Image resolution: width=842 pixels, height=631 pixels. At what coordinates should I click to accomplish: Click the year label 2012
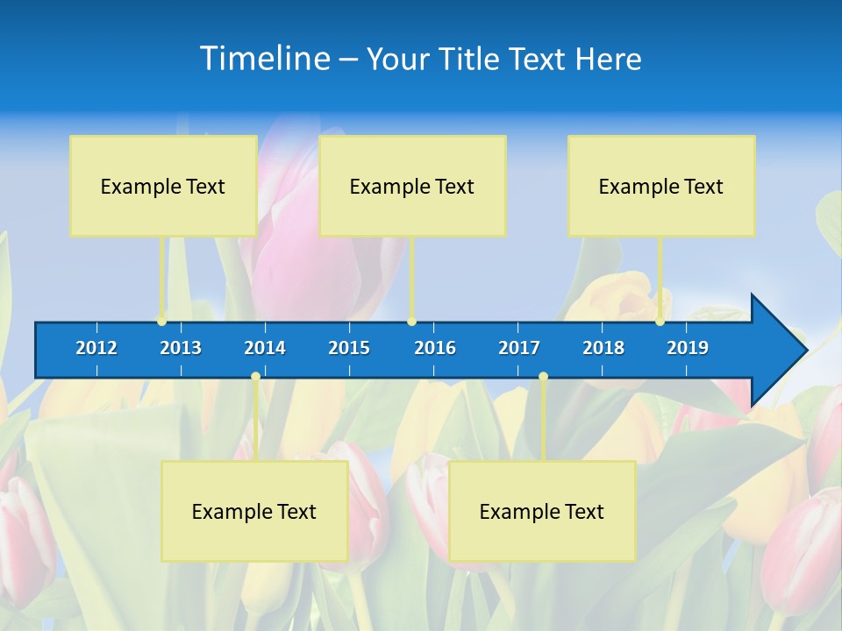click(96, 348)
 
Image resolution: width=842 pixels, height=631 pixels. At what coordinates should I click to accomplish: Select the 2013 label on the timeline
click(181, 348)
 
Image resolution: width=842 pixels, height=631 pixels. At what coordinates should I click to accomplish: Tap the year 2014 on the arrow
click(265, 348)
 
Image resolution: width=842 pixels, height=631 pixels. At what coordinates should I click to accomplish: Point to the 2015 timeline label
click(349, 348)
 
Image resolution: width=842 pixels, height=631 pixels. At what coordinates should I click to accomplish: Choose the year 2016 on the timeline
click(435, 348)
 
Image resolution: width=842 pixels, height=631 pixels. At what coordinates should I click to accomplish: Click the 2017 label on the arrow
click(519, 348)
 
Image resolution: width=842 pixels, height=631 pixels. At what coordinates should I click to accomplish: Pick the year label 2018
click(603, 348)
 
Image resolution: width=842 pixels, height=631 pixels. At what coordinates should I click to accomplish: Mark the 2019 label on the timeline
click(688, 348)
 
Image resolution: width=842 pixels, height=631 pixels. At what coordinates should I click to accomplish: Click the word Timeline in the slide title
click(264, 59)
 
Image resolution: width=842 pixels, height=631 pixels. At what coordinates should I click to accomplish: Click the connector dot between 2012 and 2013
click(162, 321)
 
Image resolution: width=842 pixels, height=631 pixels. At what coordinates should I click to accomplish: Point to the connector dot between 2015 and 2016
click(412, 321)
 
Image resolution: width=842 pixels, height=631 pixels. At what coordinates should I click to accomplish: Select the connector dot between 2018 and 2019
click(660, 321)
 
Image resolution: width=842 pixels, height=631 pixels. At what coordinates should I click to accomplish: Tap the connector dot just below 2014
click(255, 377)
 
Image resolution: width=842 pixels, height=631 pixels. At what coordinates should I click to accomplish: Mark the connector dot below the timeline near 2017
click(543, 377)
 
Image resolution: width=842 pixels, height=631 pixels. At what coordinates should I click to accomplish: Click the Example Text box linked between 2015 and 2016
click(412, 186)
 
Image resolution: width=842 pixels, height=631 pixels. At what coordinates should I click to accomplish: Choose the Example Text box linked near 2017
click(542, 511)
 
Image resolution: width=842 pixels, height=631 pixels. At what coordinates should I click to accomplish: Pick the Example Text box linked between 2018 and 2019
click(661, 186)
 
